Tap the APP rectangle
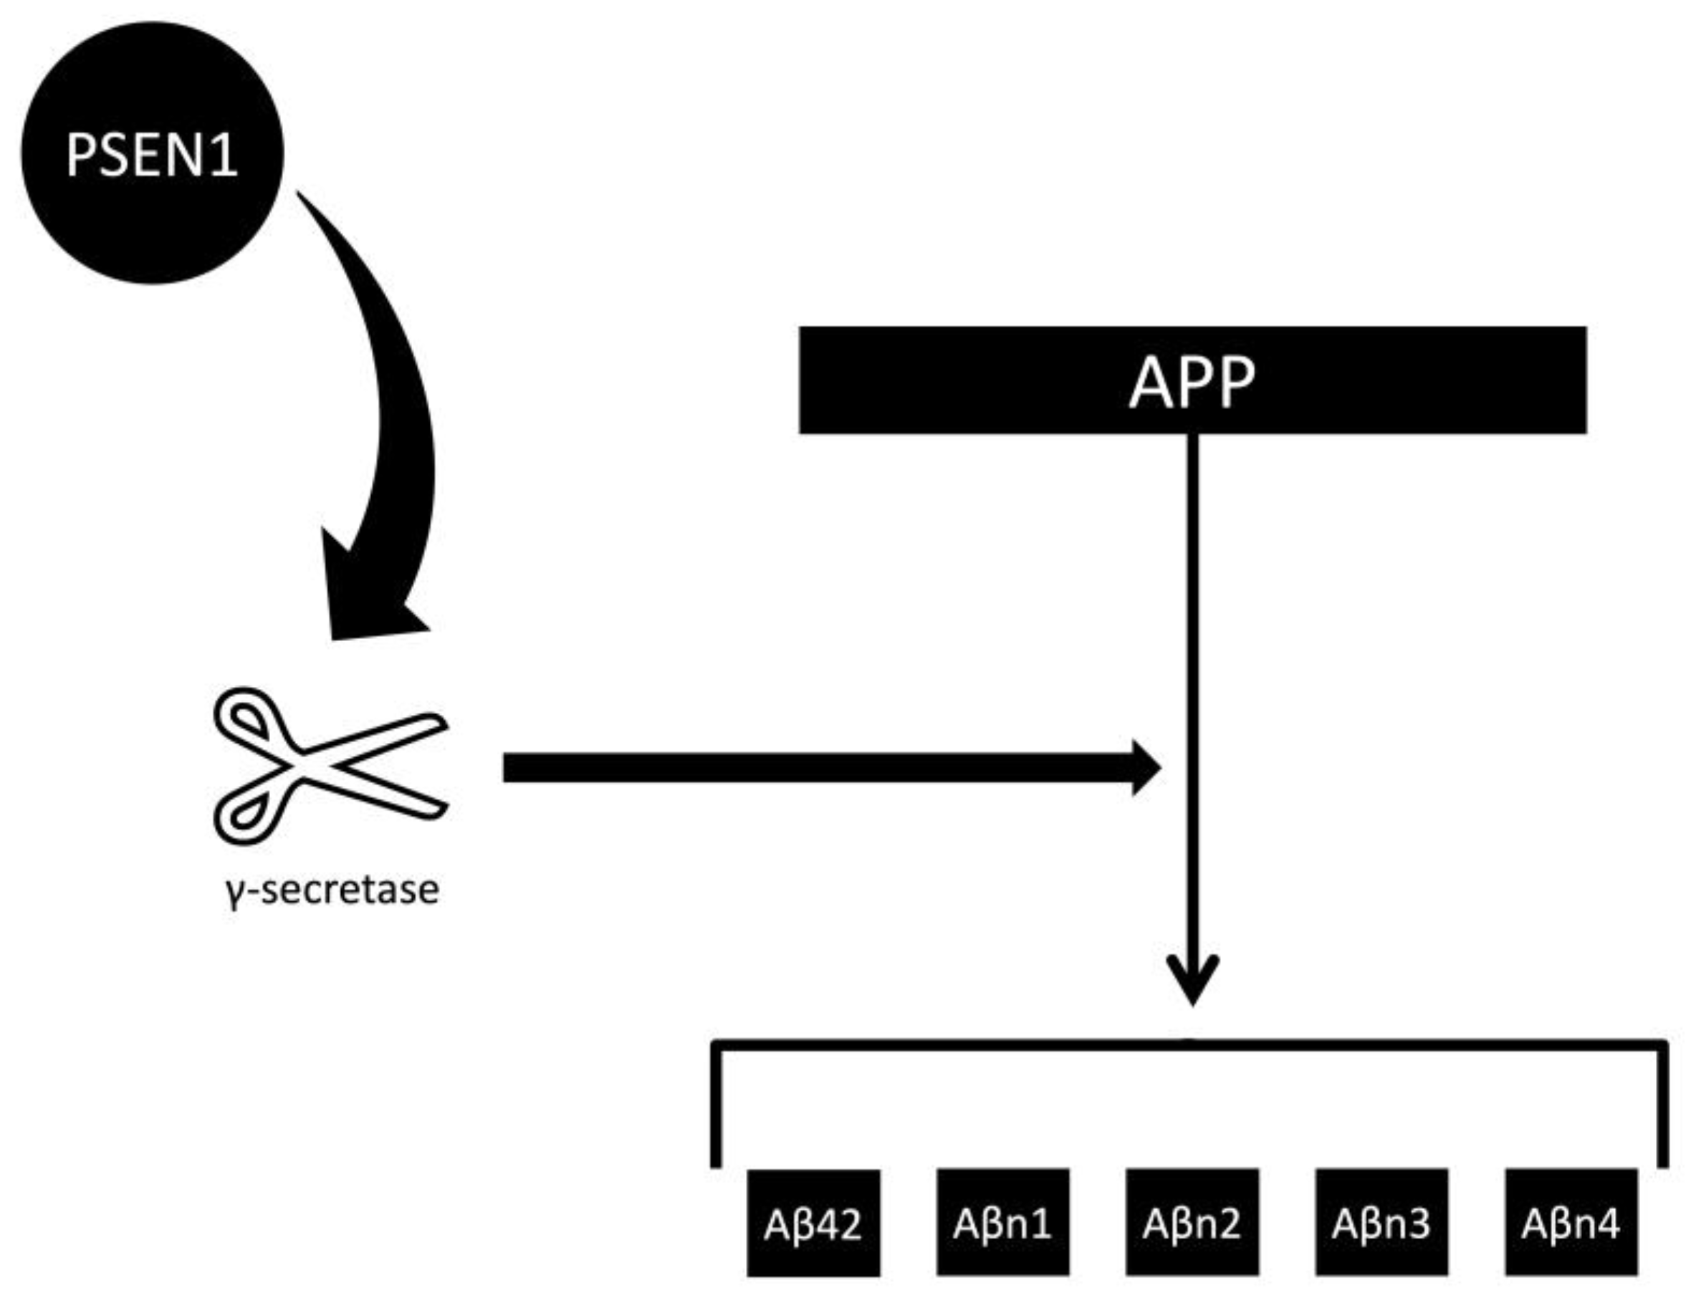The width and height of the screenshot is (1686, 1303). [x=1004, y=380]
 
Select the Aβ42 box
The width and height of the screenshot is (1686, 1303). [x=813, y=1222]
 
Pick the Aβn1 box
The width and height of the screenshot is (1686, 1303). [x=1003, y=1222]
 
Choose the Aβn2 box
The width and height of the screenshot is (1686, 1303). [x=1192, y=1222]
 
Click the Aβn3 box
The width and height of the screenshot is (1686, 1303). [x=1382, y=1222]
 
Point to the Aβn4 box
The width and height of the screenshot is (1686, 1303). [x=1571, y=1222]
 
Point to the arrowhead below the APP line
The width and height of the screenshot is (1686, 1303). [x=1193, y=984]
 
